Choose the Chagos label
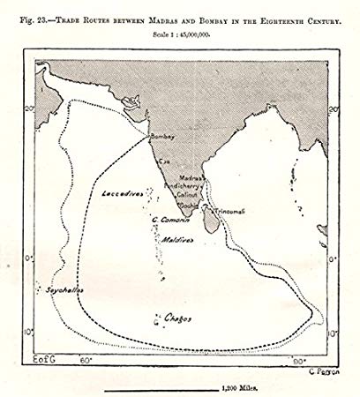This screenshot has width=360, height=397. tap(178, 317)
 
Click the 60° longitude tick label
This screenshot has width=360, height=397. tap(86, 360)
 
